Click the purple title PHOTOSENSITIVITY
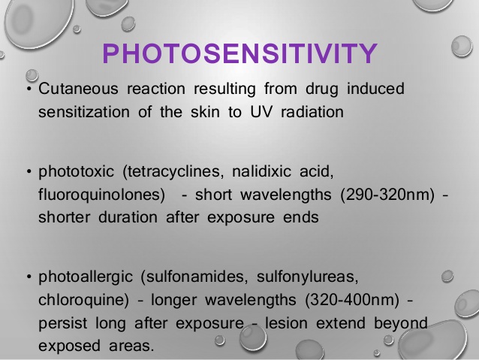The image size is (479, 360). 239,54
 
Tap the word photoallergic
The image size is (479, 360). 79,277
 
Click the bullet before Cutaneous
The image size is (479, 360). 27,90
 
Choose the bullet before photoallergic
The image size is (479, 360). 27,278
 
